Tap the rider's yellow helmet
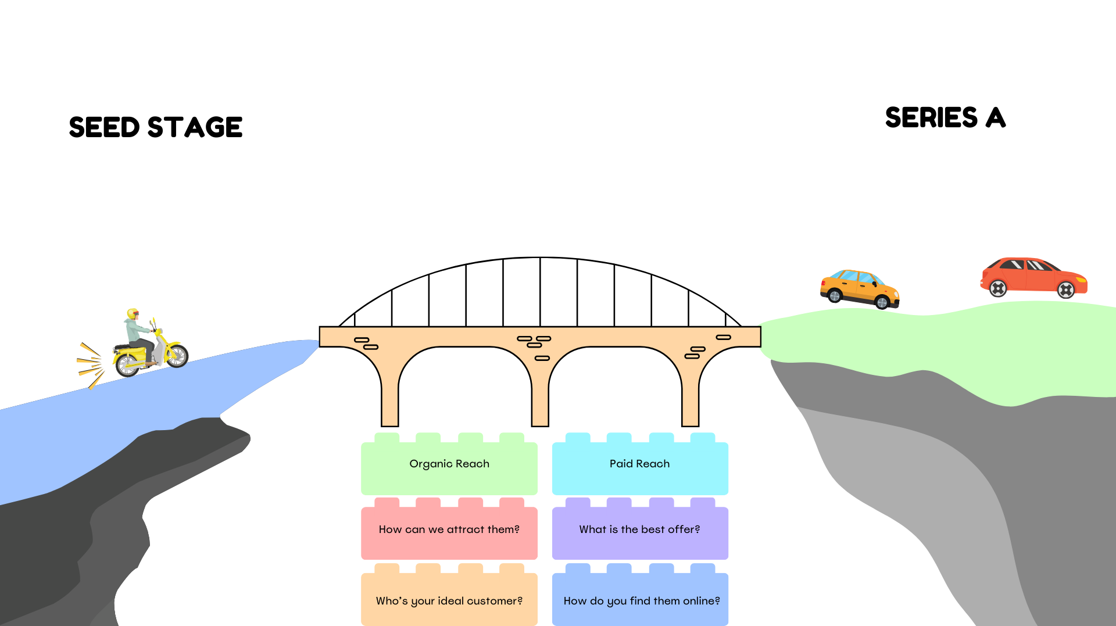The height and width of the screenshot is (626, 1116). pyautogui.click(x=133, y=313)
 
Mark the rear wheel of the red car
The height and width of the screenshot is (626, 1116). pyautogui.click(x=998, y=288)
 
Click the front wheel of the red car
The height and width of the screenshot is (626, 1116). pyautogui.click(x=1066, y=289)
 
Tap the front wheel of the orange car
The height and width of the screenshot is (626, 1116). pyautogui.click(x=882, y=302)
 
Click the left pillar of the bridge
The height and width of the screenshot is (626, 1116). pyautogui.click(x=389, y=398)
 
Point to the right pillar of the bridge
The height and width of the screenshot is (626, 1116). pyautogui.click(x=690, y=398)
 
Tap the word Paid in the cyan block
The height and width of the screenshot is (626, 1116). pyautogui.click(x=621, y=464)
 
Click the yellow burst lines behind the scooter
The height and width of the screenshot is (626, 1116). pyautogui.click(x=91, y=364)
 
